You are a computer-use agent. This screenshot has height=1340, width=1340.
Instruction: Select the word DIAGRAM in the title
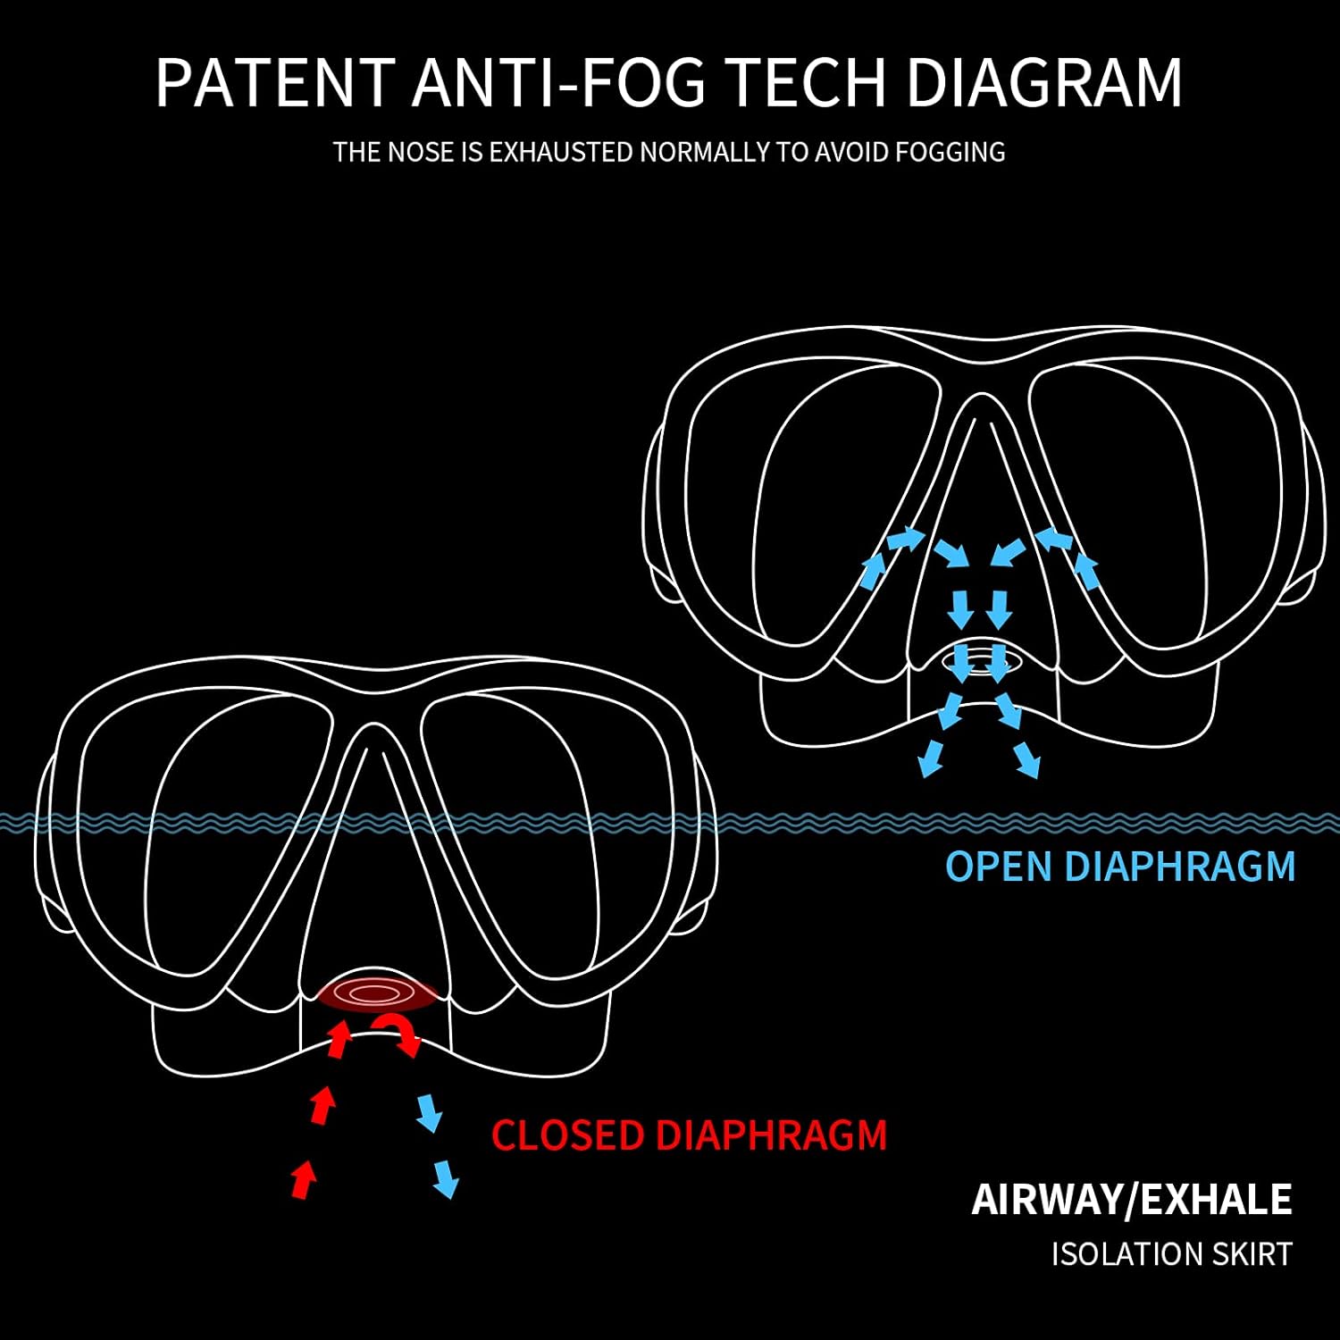coord(1044,82)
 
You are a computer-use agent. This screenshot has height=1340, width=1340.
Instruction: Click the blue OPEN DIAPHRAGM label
coord(1120,867)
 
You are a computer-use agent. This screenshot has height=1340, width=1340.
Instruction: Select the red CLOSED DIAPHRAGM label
coord(689,1135)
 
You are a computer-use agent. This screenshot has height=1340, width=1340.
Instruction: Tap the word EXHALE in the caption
coord(1216,1200)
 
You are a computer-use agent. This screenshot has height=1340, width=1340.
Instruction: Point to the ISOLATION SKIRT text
coord(1171,1254)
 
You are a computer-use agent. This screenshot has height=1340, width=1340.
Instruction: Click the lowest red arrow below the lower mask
coord(304,1179)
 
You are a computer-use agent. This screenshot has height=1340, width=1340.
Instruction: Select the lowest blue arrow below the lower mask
coord(445,1180)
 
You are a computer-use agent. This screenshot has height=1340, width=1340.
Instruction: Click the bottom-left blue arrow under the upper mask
coord(931,758)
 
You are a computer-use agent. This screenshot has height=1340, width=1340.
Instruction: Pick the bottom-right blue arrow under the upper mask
coord(1027,762)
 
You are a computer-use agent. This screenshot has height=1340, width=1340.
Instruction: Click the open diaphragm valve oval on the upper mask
coord(980,661)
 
